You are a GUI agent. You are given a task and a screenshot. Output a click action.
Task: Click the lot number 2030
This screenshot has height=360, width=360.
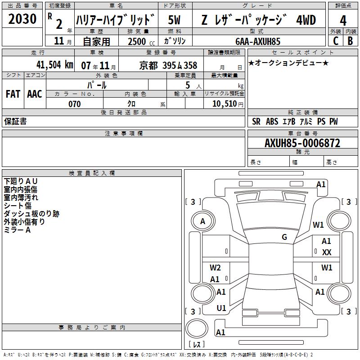pos(22,19)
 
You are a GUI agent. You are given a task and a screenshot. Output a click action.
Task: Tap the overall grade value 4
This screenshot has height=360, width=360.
pos(343,20)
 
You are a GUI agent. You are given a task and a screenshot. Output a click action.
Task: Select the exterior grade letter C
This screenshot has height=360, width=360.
pos(336,41)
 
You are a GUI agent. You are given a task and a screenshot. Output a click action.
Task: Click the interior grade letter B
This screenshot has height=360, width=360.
pos(350,41)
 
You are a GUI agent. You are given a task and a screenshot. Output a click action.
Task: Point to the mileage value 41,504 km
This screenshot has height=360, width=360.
pos(55,65)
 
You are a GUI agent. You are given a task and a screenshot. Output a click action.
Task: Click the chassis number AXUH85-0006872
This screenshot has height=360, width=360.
pos(302,143)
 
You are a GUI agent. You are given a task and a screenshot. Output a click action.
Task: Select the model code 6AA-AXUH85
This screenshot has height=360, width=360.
pos(258,41)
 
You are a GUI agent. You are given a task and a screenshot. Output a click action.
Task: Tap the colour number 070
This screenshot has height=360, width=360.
pos(75,104)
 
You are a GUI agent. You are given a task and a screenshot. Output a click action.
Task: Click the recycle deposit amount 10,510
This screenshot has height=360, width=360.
pos(224,103)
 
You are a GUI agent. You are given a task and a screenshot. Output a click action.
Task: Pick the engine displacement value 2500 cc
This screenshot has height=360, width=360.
pos(141,41)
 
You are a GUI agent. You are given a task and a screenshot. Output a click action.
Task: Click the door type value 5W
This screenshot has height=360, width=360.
pos(174,20)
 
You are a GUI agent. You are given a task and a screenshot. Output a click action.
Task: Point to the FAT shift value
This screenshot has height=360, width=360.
pos(13,94)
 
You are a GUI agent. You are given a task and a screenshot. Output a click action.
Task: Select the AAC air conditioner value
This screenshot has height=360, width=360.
pos(35,94)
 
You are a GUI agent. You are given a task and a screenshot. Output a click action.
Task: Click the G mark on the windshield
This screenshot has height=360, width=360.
pos(284,237)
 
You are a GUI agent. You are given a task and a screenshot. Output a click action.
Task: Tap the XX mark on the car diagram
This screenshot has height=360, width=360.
pos(327,252)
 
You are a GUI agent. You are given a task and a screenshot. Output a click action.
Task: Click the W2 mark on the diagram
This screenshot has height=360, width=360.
pos(215,267)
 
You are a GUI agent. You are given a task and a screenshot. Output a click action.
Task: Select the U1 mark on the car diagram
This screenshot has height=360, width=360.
pos(221,308)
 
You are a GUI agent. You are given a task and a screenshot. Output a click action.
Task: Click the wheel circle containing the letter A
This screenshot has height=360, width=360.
pos(203,221)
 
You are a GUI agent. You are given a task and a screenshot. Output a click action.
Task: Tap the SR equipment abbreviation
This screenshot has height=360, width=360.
pos(256,121)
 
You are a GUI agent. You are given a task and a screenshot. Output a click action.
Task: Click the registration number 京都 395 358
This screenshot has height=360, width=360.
pos(168,66)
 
